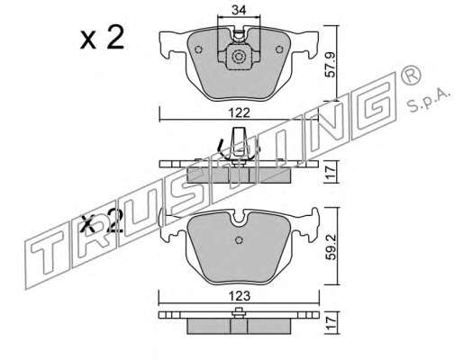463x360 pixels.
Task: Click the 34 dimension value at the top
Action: click(x=239, y=10)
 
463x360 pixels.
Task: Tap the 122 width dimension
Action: click(x=240, y=113)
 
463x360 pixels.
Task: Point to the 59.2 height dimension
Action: click(x=331, y=247)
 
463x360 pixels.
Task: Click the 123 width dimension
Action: click(x=240, y=296)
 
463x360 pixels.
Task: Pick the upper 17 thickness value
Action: click(x=331, y=173)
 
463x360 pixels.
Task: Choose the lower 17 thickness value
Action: click(x=331, y=324)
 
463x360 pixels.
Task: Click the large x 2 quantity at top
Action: click(x=102, y=38)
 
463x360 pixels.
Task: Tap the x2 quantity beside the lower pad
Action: click(x=102, y=222)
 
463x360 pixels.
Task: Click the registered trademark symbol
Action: click(x=411, y=76)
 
